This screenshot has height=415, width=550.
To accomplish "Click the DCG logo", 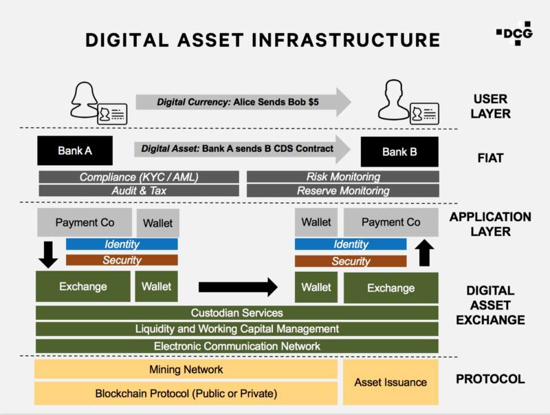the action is coord(514,33).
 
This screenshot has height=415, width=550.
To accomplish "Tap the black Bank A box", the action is coord(75,151).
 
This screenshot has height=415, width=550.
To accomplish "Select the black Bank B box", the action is coord(399,151).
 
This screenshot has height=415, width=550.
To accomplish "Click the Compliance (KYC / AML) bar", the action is coord(139,177).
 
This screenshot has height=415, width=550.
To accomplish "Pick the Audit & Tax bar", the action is coord(139,191).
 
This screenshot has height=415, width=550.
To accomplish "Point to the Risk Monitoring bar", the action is coord(342,177).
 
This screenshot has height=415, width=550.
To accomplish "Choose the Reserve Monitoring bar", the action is coord(342,191).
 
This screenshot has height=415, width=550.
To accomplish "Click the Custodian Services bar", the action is coord(237,313).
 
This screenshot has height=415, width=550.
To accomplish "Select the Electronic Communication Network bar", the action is coord(237,346).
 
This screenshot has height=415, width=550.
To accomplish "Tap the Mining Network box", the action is coord(186,370).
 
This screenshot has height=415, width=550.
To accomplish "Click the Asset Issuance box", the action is coord(390,383).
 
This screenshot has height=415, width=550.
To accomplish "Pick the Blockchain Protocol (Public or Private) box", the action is coord(186,394).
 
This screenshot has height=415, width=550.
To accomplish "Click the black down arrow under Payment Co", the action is coord(48,255).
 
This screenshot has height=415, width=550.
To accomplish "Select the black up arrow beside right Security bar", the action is coord(424,253).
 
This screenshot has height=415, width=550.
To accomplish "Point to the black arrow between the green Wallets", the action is coord(238,287).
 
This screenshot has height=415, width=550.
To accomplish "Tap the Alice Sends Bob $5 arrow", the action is coord(243,102).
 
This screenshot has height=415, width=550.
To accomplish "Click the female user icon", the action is coord(84,100).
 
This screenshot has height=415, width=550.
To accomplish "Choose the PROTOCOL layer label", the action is coord(490,379).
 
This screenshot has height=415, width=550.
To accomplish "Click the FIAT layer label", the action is coord(490,158).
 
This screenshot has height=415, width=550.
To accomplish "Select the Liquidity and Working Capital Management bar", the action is coord(237,329).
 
